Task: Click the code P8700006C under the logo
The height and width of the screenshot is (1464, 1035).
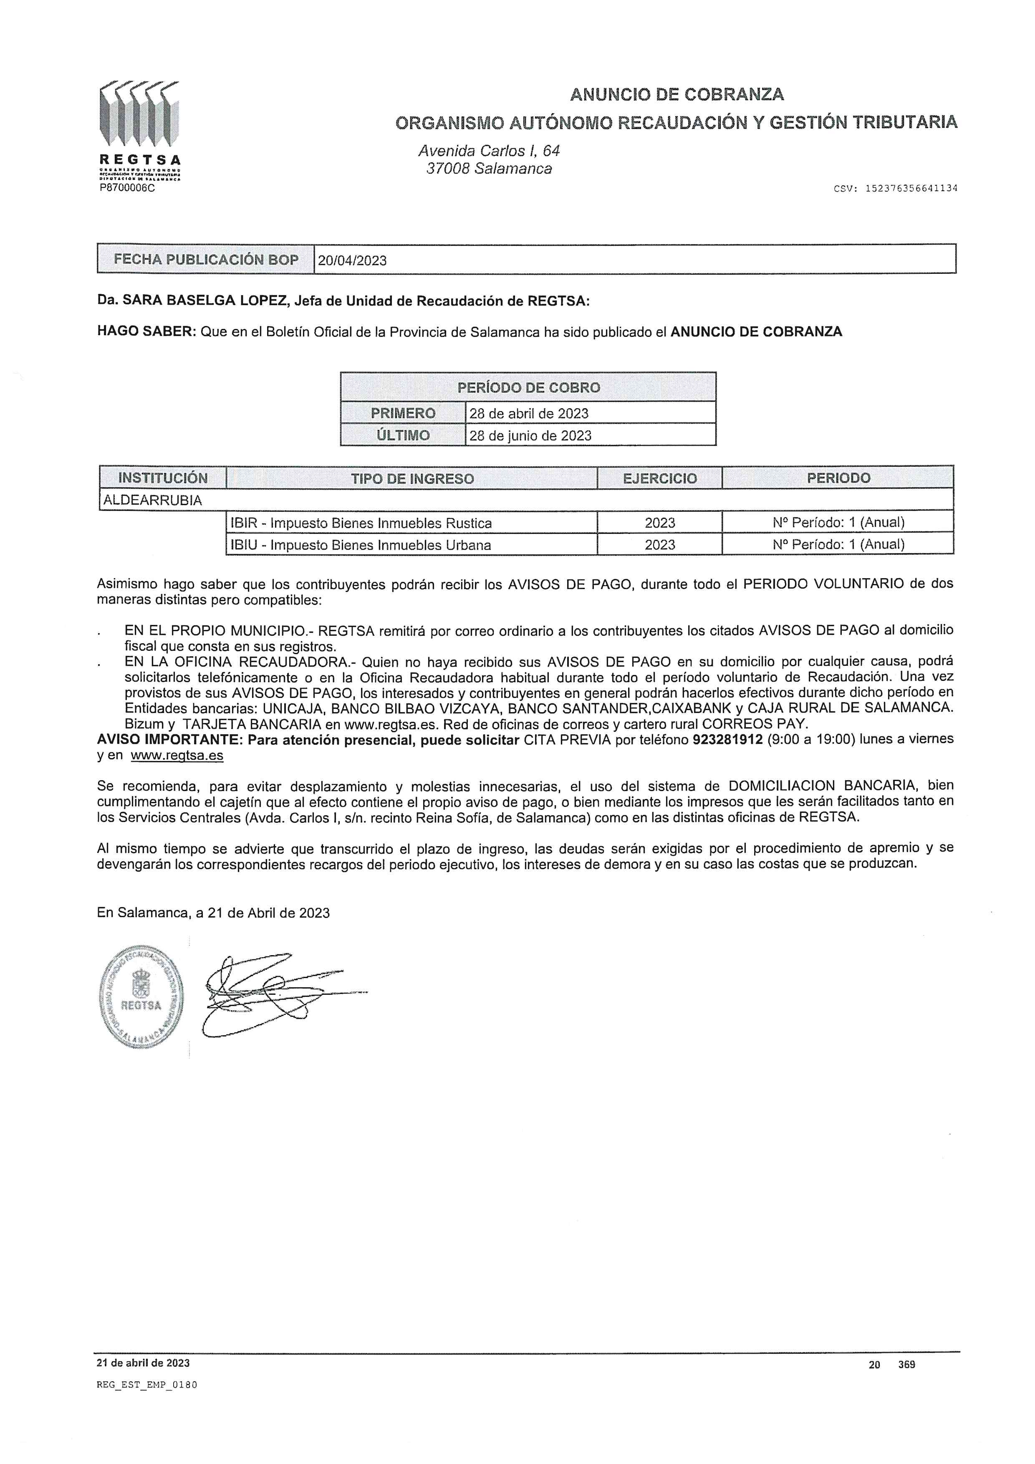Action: tap(127, 188)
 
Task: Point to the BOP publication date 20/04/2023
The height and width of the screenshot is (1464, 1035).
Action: tap(352, 260)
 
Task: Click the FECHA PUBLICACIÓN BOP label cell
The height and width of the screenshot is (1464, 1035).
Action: tap(206, 260)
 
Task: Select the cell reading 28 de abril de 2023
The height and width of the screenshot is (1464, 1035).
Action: tap(529, 413)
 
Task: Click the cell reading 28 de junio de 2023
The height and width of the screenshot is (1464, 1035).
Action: tap(530, 435)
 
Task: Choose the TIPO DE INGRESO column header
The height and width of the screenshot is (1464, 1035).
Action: tap(412, 478)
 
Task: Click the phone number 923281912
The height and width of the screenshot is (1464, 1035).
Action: tap(727, 739)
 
